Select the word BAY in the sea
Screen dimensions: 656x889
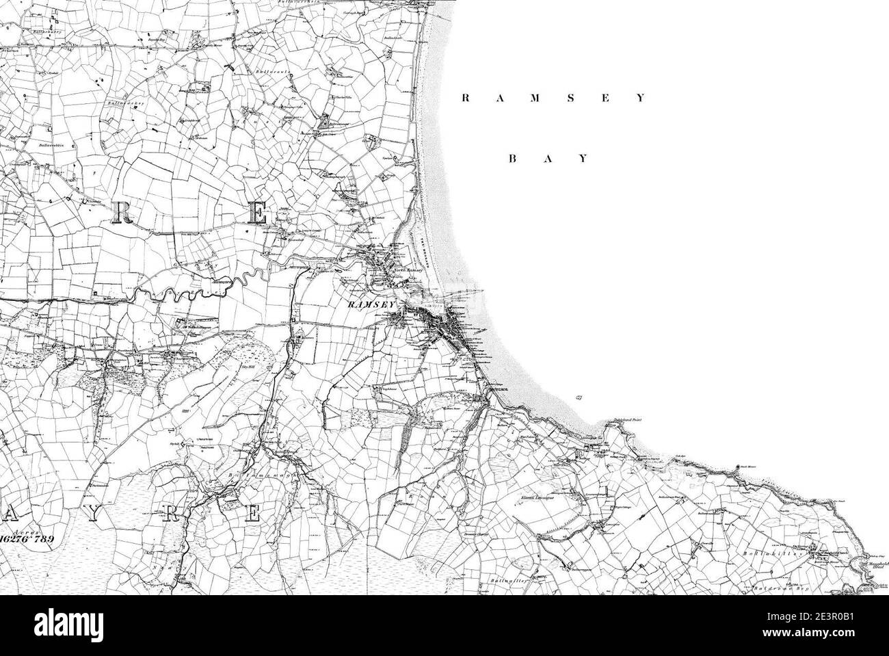pyautogui.click(x=548, y=159)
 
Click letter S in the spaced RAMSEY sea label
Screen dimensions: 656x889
pyautogui.click(x=570, y=98)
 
